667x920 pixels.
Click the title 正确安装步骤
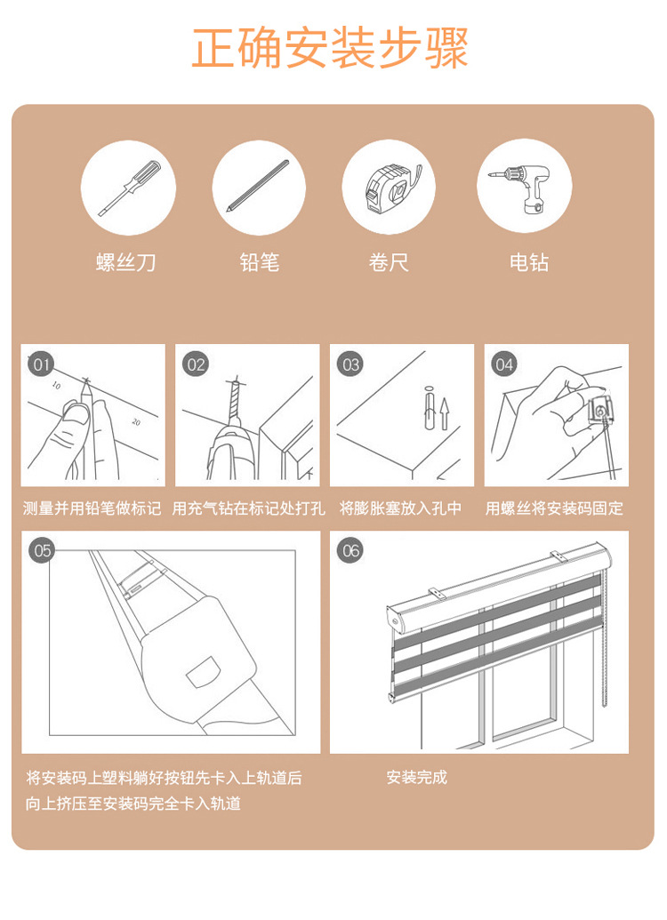(330, 47)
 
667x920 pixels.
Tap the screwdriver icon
(129, 188)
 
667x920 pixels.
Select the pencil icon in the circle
(258, 186)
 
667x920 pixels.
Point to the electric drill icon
(521, 186)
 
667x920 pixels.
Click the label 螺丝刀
(126, 262)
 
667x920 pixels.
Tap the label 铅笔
(259, 262)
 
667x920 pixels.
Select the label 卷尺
(389, 262)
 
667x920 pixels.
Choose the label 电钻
(529, 262)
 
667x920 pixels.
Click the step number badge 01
(41, 364)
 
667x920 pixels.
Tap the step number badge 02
(196, 364)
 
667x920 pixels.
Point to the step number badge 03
(350, 364)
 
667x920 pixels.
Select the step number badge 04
(504, 364)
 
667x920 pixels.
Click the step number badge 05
(43, 550)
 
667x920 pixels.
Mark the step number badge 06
(350, 550)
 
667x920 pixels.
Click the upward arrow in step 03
(445, 413)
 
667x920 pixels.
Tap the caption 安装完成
(417, 778)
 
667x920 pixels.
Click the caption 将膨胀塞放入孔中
(401, 508)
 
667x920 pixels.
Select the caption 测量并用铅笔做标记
(92, 508)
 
